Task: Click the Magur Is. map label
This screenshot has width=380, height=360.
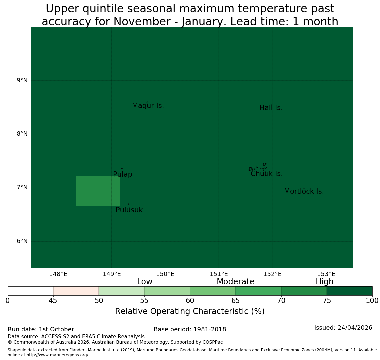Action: [148, 106]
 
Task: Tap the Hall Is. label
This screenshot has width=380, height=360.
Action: [271, 108]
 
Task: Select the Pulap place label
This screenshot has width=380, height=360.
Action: [123, 174]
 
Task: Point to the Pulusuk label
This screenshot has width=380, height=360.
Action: [129, 210]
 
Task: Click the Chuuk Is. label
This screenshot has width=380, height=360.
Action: [267, 174]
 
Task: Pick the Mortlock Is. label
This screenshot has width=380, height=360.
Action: [304, 191]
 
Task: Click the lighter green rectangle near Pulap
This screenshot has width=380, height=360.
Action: [98, 191]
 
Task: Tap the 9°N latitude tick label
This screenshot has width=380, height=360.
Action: [22, 80]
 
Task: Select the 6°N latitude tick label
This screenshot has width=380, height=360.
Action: [22, 241]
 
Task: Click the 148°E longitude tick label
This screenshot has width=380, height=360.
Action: [58, 274]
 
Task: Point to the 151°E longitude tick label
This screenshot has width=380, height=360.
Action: [219, 274]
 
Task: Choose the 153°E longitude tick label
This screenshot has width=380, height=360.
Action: [326, 274]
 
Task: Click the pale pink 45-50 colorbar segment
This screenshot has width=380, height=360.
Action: [76, 291]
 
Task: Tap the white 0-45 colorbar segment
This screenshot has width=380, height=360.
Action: [31, 291]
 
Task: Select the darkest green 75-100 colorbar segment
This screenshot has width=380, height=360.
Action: [349, 291]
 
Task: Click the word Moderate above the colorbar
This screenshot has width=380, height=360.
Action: [235, 282]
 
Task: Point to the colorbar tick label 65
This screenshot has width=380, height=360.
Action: [235, 301]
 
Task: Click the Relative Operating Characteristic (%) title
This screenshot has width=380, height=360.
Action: [190, 311]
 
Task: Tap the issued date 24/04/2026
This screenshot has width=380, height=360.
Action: [355, 328]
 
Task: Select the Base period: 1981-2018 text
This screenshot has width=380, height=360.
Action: [190, 329]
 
